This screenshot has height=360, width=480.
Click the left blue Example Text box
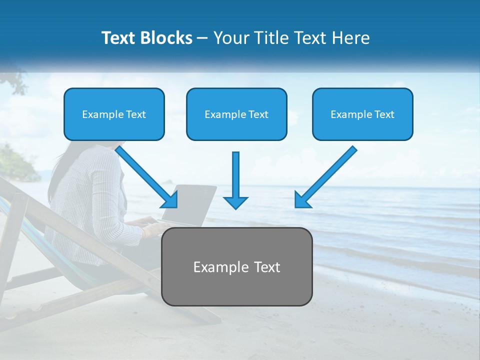tap(114, 114)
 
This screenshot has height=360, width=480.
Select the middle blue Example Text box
tap(236, 114)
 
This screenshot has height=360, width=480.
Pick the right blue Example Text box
tap(362, 114)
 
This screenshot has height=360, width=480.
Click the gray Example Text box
tap(237, 266)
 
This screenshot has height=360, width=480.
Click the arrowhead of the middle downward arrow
tap(235, 202)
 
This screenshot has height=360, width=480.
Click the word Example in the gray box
tap(214, 267)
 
